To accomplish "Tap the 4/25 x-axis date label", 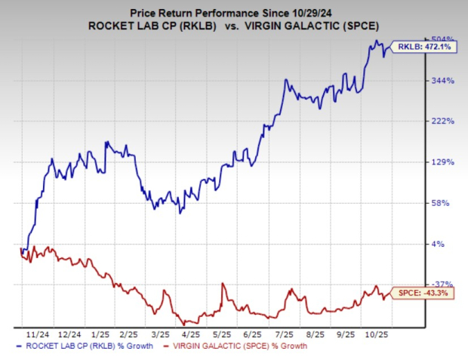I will (189, 332).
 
